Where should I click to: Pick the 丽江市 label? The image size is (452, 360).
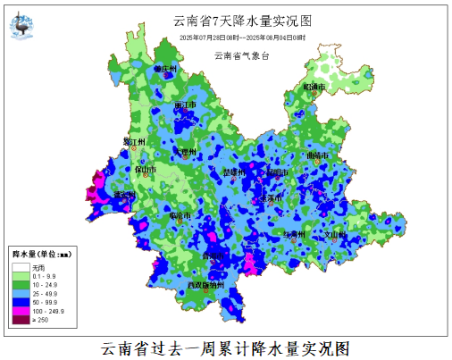coord(186,105)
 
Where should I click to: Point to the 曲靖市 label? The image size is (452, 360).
coord(317,155)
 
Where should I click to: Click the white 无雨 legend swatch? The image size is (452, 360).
coord(21,267)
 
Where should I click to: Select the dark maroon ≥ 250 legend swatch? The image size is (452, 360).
coord(21,319)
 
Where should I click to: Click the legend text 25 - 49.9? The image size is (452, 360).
coord(46,293)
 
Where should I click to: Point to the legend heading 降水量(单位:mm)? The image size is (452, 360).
coord(41,255)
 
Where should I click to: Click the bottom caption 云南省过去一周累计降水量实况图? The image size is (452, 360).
coord(225,347)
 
